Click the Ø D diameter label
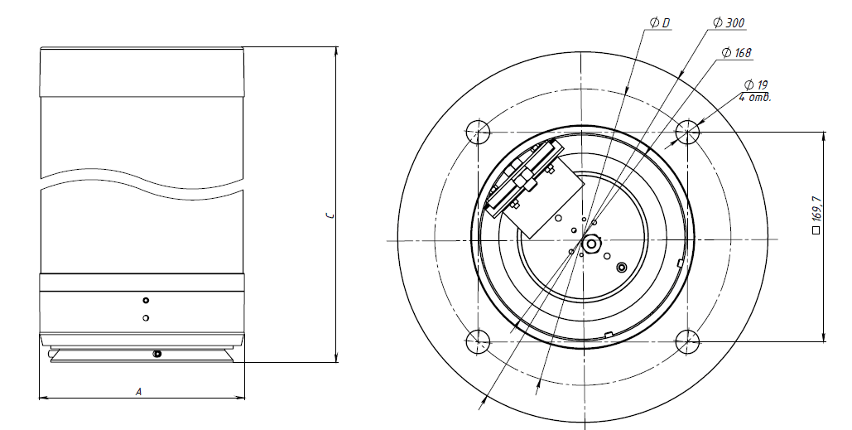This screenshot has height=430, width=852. [x=660, y=23]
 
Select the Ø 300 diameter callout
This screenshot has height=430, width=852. [x=728, y=23]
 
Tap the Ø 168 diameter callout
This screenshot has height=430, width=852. [x=737, y=53]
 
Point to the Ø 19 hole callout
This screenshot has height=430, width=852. [x=756, y=85]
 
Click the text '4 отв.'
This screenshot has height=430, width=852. [x=755, y=98]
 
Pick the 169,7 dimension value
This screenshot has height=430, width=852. [x=816, y=209]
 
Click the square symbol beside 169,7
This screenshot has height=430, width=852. [x=816, y=230]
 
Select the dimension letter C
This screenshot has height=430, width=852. [x=330, y=215]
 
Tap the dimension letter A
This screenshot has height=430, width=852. [x=138, y=391]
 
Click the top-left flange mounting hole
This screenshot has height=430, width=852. [x=479, y=132]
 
